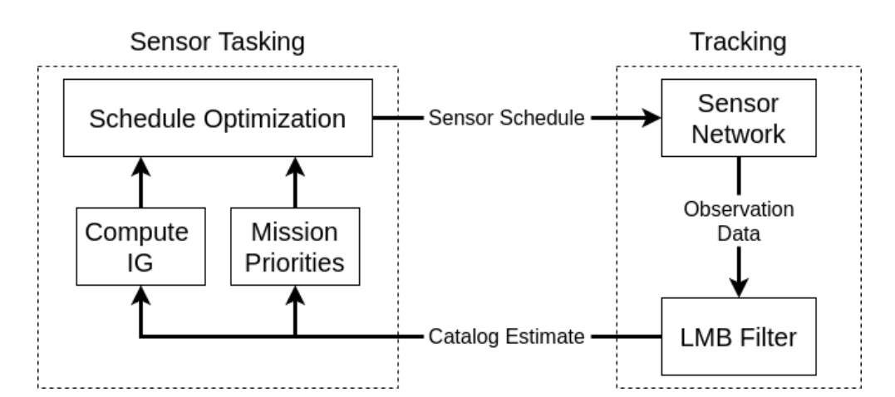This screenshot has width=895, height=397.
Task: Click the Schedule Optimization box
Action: (218, 118)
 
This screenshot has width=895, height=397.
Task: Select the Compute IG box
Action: (140, 247)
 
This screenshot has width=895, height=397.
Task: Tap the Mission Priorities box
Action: (295, 247)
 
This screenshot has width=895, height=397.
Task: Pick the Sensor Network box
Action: (739, 118)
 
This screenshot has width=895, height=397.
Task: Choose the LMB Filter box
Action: (739, 336)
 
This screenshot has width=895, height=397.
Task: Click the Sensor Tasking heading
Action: (218, 42)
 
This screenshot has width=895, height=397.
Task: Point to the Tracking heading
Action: (738, 42)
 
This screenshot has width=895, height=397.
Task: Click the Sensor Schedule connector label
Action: (506, 118)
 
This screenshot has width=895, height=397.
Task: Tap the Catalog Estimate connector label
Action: (506, 336)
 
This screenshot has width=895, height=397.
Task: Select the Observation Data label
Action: (739, 221)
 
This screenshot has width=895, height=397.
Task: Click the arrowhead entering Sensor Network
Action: (651, 118)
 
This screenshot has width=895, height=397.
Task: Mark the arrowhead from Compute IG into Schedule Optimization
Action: (140, 167)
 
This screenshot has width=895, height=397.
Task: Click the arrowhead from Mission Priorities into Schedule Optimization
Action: (295, 167)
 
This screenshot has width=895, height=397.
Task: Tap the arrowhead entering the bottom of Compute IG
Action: (140, 296)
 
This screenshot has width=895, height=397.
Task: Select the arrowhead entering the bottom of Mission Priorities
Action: (295, 296)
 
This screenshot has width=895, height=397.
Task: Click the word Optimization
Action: (274, 120)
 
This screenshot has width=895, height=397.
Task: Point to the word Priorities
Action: (295, 263)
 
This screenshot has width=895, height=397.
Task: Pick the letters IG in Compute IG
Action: (140, 263)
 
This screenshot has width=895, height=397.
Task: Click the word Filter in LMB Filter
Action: (768, 337)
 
